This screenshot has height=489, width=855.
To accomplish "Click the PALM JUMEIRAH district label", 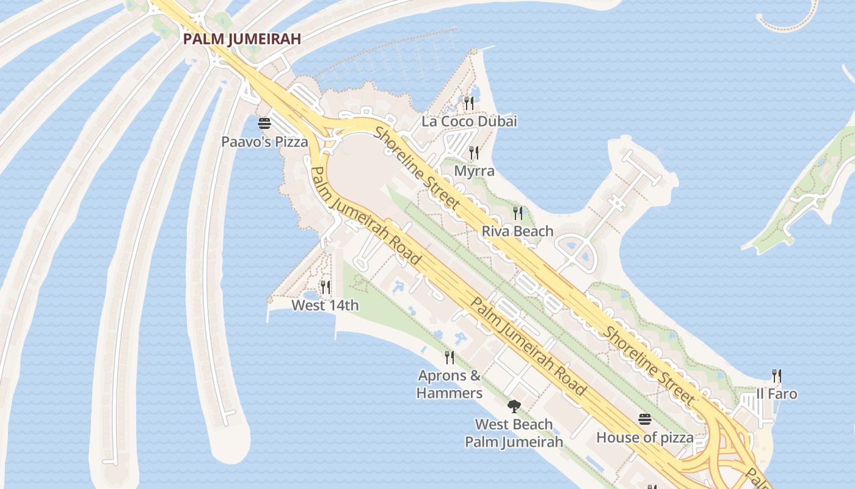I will coord(242,39).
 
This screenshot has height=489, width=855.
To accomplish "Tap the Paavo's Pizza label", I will coord(264,142).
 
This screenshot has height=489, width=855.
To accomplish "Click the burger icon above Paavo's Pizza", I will coord(264,123).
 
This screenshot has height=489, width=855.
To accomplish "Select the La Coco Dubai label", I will coord(469,121).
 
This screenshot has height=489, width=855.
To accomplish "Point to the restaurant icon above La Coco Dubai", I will coord(469,103).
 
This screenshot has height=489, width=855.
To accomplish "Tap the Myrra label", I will coord(474,171).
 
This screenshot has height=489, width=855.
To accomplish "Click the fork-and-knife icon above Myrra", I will coord(474,153).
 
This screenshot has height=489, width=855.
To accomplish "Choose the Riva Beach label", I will coord(517,231).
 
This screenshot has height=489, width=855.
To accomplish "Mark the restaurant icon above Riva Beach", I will coord(518,213).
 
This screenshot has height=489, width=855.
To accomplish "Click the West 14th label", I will coord(325,305).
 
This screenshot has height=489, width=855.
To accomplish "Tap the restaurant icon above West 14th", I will coord(326,287).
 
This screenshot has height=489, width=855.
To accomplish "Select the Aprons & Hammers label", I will coord(449,384).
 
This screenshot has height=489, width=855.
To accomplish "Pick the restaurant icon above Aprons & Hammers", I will coord(449,357).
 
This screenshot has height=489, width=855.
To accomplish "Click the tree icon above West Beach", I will coord(514,406).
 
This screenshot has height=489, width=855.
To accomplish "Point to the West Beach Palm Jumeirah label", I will coord(514,433).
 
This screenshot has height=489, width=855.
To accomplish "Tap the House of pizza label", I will coord(645,438).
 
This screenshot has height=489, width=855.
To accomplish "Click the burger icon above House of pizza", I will coord(645,419).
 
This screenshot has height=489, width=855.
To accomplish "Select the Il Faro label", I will coord(776,394).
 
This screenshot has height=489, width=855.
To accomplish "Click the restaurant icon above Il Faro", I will coord(776,375).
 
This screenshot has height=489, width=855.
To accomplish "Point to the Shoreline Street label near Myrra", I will coord(417,167).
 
